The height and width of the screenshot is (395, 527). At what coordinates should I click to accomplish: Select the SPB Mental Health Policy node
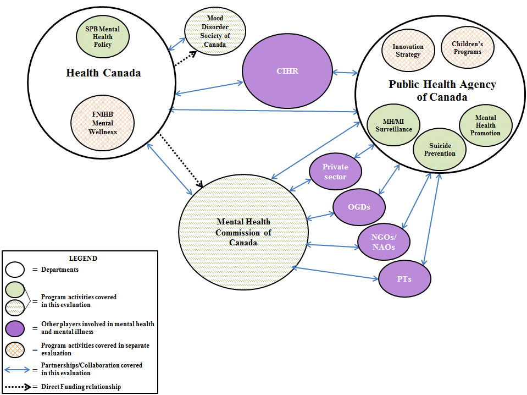click(102, 37)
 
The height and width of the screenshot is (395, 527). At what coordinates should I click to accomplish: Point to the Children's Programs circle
click(467, 48)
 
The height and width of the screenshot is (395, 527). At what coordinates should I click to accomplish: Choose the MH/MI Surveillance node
click(393, 125)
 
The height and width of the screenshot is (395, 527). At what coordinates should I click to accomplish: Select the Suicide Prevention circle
click(440, 149)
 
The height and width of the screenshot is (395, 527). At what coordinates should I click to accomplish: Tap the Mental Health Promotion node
click(485, 125)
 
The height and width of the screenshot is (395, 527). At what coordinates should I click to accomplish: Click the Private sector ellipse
click(335, 172)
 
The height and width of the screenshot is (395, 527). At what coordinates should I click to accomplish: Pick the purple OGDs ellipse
click(359, 207)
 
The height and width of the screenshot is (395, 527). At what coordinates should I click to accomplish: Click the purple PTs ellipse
click(405, 279)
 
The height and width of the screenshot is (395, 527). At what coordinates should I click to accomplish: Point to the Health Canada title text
click(103, 73)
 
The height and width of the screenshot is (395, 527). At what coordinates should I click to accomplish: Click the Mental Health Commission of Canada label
click(243, 232)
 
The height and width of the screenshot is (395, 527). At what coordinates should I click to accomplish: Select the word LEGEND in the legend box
click(83, 258)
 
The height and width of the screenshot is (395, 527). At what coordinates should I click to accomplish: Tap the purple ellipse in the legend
click(17, 328)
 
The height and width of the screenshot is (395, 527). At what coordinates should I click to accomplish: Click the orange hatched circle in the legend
click(17, 349)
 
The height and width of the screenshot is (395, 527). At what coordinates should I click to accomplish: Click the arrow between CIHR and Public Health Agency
click(344, 72)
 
